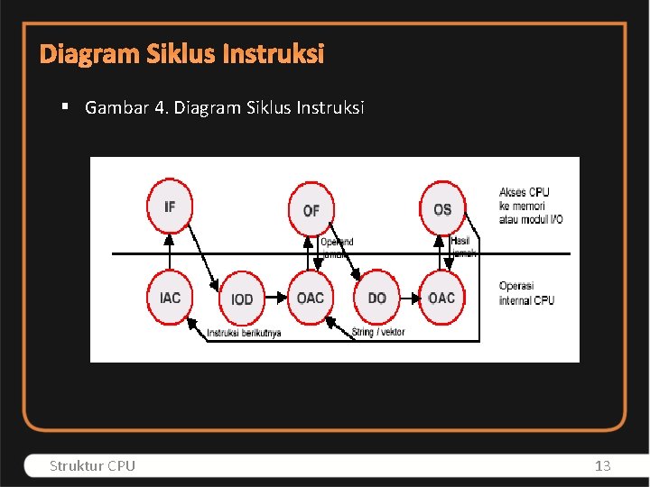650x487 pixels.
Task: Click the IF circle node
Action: coord(170,207)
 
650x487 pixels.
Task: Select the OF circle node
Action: coord(311,209)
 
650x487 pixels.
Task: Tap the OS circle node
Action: coord(442,208)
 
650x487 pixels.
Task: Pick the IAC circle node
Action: coord(170,297)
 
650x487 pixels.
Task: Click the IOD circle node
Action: coord(242,299)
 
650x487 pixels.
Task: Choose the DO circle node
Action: coord(377,298)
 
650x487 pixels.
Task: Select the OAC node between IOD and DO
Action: coord(311,298)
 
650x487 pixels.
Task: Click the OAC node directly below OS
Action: coord(441,298)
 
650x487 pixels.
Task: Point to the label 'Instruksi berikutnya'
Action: coord(244,333)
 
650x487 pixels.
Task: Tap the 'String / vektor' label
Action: coord(378,332)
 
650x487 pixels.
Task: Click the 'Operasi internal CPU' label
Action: coord(526,293)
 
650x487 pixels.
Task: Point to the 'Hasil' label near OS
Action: coord(460,241)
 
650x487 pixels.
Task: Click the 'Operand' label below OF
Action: coord(337,242)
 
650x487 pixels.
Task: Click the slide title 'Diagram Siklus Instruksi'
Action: coord(181,55)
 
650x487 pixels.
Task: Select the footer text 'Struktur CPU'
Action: coord(93,465)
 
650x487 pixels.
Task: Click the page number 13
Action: coord(603,465)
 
